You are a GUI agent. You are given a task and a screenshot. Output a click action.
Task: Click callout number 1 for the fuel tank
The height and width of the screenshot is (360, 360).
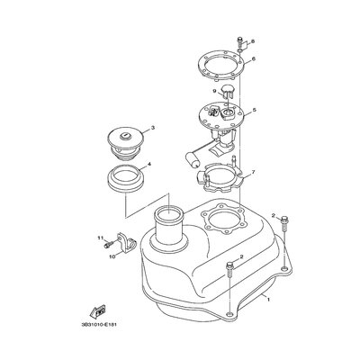pos(268,300)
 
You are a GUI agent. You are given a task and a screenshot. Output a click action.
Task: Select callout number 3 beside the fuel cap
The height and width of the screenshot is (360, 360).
pos(153,128)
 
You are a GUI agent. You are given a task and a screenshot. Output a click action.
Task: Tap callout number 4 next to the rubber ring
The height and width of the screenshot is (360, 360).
pos(148,165)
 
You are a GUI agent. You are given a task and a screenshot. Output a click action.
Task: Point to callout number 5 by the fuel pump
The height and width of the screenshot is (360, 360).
pos(255,110)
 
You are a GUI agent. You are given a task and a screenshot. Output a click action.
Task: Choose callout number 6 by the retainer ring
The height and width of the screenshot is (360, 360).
pos(254,59)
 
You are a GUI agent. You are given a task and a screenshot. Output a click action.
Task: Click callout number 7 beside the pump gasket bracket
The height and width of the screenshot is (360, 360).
pos(253,172)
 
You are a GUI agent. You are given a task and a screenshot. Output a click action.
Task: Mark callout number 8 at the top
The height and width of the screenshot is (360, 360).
pos(253,41)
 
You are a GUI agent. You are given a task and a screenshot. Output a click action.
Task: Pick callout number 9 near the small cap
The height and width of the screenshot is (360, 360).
pos(214,91)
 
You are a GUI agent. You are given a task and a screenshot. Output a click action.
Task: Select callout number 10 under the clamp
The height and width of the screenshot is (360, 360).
pos(112,256)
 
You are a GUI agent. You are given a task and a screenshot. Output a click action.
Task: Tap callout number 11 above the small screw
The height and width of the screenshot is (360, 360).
pos(100,238)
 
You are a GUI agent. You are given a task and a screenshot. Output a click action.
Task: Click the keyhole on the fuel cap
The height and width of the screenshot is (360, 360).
pos(125,137)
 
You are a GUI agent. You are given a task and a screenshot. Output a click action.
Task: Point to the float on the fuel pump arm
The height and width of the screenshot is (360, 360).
pos(193,159)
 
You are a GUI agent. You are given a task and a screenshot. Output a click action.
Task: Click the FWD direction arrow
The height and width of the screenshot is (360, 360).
pos(98,311)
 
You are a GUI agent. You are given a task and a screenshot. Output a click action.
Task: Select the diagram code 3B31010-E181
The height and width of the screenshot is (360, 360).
pos(98,324)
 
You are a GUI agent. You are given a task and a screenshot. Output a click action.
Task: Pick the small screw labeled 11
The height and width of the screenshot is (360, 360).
pos(108,245)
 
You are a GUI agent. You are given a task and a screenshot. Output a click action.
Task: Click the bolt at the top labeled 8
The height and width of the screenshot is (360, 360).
pos(239,41)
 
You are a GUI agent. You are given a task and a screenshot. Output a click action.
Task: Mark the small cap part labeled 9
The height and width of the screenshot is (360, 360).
pos(227,91)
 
